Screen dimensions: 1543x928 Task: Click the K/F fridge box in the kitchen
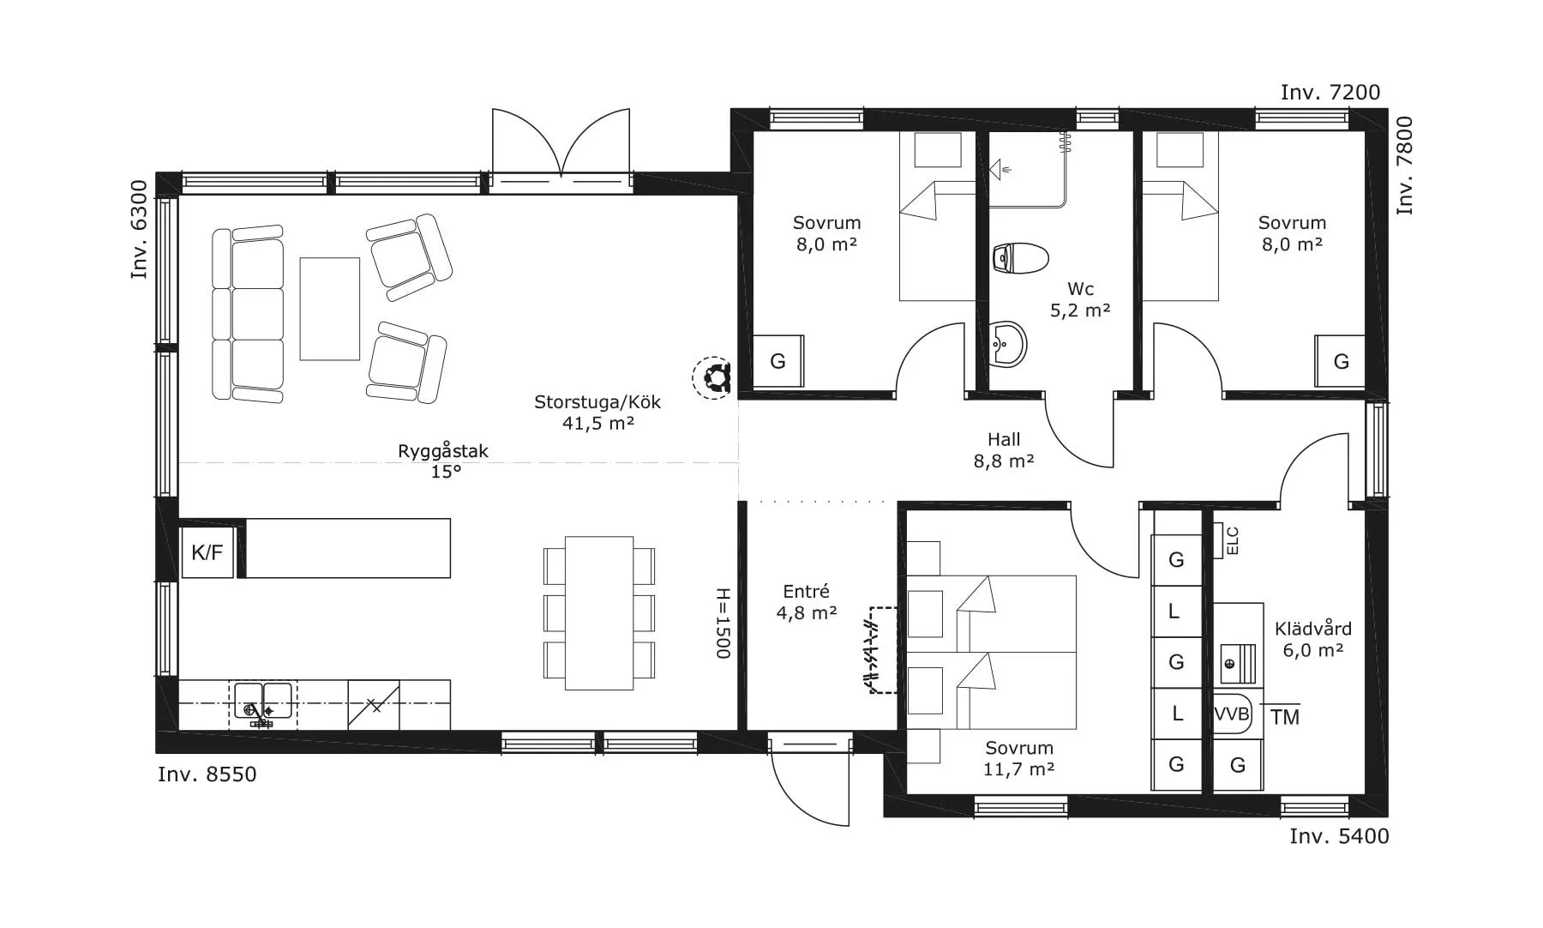[207, 552]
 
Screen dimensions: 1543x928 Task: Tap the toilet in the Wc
[1020, 257]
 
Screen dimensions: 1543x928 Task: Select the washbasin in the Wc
[1008, 345]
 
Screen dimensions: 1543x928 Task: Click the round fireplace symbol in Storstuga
[712, 377]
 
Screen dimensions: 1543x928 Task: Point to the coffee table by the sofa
[329, 309]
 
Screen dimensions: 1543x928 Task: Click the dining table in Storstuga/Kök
[599, 612]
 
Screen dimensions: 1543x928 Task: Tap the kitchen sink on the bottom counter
[263, 703]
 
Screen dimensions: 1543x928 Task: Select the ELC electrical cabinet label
[1233, 540]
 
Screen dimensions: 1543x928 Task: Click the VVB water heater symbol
[1232, 714]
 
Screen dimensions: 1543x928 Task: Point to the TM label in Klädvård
[1285, 717]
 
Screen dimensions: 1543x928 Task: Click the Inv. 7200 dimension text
[1330, 93]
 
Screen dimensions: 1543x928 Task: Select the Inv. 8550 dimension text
[207, 774]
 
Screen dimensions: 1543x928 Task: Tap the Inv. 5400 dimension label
[1340, 836]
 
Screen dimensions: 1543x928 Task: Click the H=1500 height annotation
[722, 624]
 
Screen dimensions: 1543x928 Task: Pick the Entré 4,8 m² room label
[807, 602]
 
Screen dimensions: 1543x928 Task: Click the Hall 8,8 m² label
[1004, 450]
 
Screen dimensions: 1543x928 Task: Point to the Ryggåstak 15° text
[444, 461]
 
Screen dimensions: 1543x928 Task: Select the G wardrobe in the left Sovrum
[778, 361]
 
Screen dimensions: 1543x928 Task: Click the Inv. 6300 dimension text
[139, 236]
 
